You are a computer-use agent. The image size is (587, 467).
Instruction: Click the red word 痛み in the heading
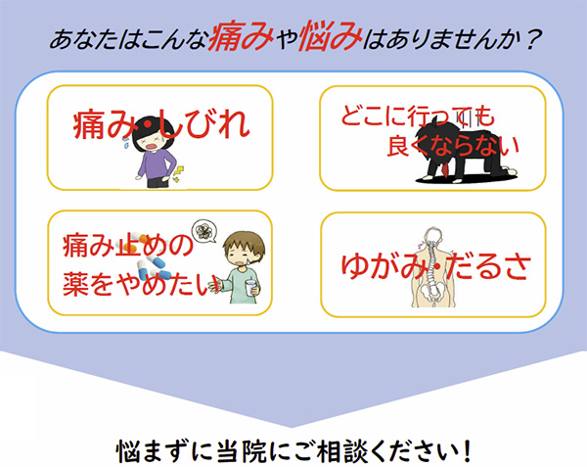click(241, 36)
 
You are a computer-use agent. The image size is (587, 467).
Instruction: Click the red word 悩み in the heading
click(332, 35)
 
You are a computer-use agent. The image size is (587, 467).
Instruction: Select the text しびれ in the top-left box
click(203, 123)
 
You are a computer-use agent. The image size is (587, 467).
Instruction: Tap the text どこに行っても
click(418, 116)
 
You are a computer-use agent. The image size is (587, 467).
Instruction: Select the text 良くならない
click(453, 146)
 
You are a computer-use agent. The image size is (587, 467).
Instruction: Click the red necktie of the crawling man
click(445, 169)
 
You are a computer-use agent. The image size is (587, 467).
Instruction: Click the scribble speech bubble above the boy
click(204, 231)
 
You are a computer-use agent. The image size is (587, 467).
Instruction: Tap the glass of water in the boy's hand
click(251, 288)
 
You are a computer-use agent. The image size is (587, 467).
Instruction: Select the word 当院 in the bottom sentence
click(242, 451)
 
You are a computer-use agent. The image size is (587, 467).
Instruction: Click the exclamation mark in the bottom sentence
click(466, 451)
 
